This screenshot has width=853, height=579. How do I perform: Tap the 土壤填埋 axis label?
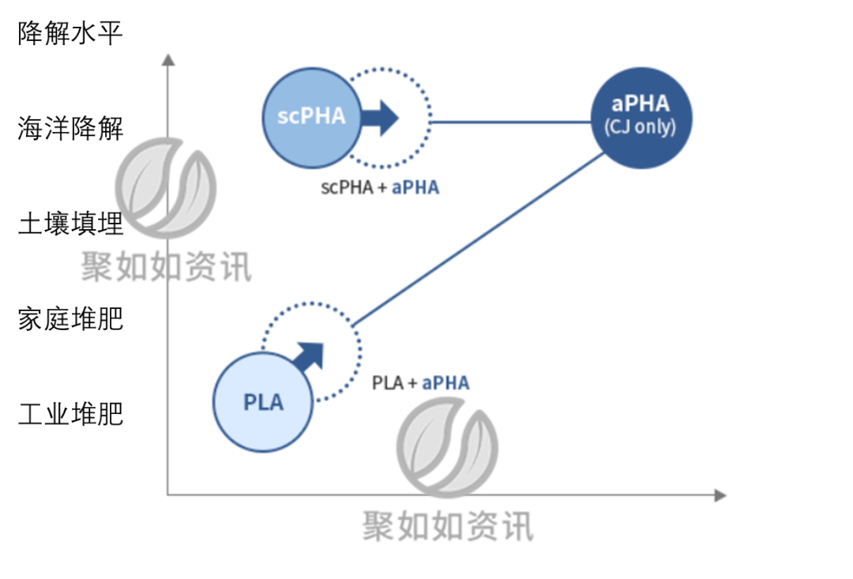[x=70, y=224]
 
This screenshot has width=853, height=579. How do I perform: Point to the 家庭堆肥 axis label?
[x=70, y=319]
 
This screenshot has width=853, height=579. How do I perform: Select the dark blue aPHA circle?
[x=640, y=118]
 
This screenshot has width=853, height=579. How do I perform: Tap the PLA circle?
[x=263, y=402]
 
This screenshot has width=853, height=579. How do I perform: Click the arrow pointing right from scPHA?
[x=382, y=118]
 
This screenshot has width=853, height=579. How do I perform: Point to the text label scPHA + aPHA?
[x=379, y=188]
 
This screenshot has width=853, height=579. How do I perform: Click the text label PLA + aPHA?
[x=420, y=383]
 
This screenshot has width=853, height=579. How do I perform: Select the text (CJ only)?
[x=640, y=127]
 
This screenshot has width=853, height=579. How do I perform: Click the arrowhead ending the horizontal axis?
[x=720, y=495]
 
